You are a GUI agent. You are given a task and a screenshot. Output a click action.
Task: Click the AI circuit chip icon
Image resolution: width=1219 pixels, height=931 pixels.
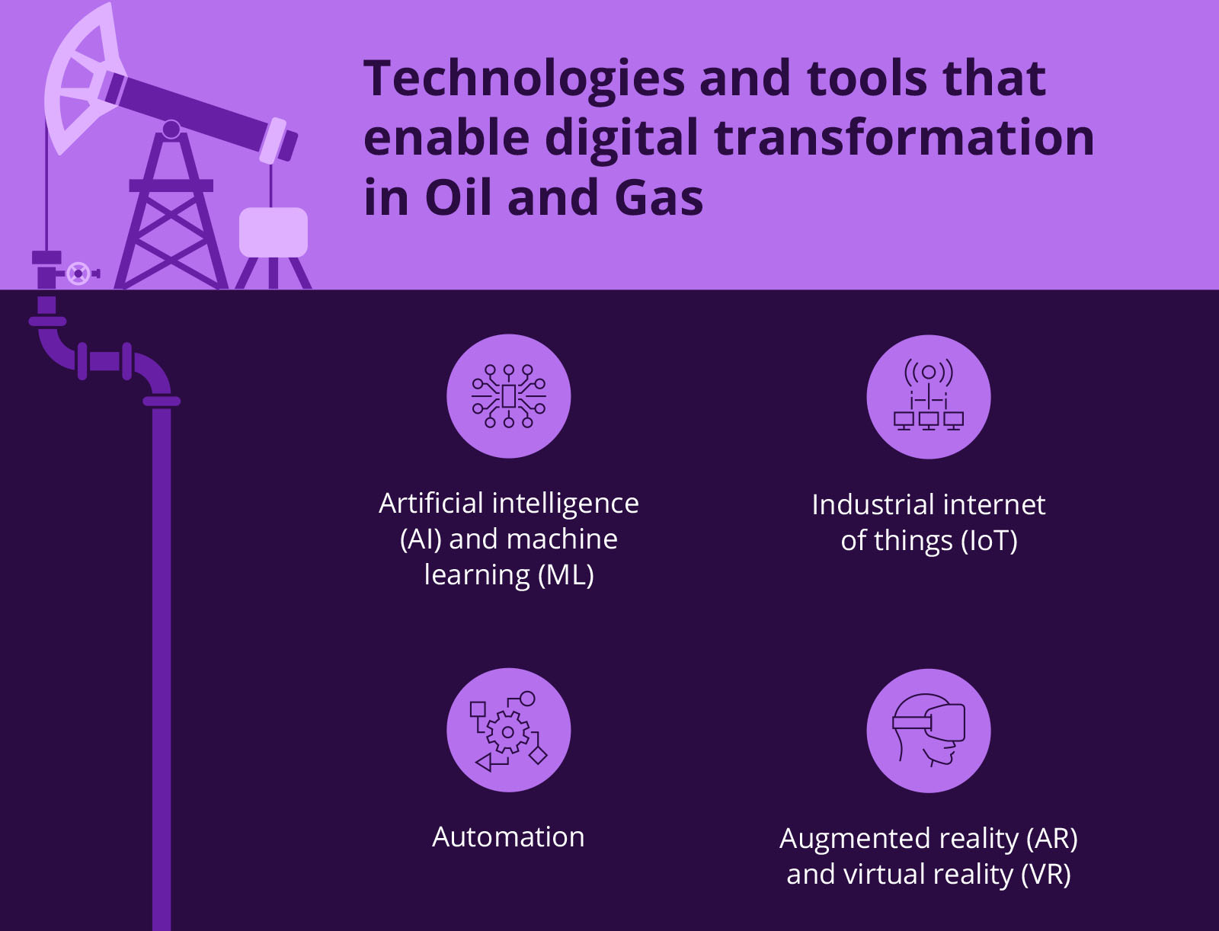click(x=508, y=396)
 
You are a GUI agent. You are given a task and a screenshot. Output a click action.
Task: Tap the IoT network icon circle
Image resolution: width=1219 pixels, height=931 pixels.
click(x=928, y=396)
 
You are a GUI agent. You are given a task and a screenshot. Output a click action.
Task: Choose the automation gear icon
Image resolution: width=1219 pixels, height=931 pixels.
click(x=508, y=731)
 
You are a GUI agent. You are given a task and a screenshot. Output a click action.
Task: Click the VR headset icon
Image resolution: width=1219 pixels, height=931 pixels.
click(x=928, y=731)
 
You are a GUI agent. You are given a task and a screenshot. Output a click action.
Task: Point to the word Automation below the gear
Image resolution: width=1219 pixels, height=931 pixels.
click(x=508, y=837)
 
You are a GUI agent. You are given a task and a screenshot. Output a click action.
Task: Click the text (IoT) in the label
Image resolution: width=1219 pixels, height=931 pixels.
click(x=989, y=541)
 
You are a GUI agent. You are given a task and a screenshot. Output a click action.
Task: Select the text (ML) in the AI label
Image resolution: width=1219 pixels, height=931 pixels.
click(x=565, y=575)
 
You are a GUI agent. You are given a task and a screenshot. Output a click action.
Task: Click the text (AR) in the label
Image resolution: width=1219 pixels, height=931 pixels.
click(x=1051, y=839)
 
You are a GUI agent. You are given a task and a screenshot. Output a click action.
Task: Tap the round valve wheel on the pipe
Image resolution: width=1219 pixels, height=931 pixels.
click(x=78, y=273)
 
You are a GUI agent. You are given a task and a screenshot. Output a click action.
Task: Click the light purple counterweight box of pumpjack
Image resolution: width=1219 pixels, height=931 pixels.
click(x=273, y=232)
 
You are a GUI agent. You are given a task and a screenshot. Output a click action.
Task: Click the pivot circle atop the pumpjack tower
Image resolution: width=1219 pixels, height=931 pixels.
click(x=171, y=129)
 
